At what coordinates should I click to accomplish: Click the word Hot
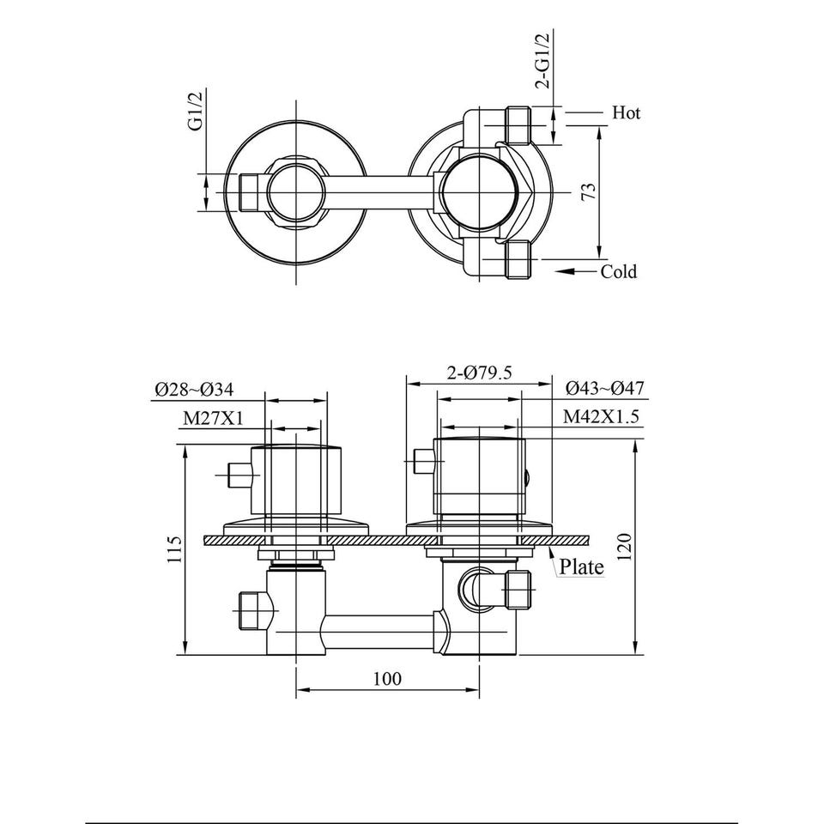(x=626, y=112)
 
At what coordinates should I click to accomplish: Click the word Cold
(x=619, y=272)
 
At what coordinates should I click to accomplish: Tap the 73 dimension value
(x=590, y=191)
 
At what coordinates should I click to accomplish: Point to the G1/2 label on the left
(x=196, y=111)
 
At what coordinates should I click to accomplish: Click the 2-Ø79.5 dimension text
(x=479, y=373)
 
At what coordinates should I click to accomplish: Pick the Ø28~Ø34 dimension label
(x=194, y=390)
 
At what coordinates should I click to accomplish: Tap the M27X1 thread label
(x=213, y=418)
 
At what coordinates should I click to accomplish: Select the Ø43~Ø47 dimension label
(x=604, y=388)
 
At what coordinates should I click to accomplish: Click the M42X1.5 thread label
(x=601, y=417)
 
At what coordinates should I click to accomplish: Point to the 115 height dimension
(x=174, y=549)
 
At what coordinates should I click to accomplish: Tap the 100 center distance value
(x=387, y=678)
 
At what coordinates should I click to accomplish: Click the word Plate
(x=581, y=566)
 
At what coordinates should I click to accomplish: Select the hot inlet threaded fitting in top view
(x=518, y=125)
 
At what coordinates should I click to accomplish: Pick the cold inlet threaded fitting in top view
(x=518, y=259)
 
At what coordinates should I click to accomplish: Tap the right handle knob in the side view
(x=479, y=475)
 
